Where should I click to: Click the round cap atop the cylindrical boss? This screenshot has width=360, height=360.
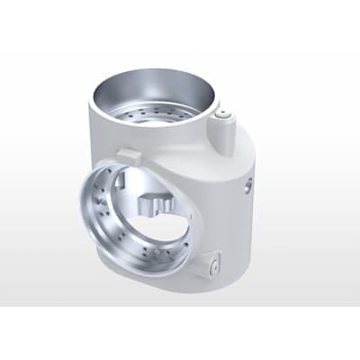click(x=225, y=115)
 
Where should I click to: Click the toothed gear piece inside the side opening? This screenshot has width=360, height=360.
click(x=154, y=203)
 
